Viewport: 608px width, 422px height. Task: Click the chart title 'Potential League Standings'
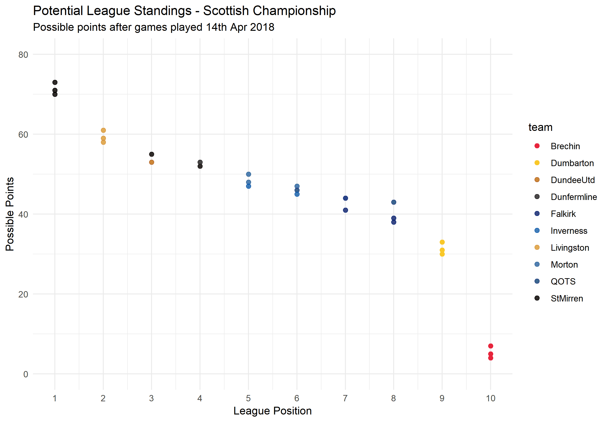tap(184, 11)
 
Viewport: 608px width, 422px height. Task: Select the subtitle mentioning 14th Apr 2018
tap(154, 27)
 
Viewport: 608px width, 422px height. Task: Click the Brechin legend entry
tap(565, 146)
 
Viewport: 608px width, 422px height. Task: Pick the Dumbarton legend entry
tap(572, 163)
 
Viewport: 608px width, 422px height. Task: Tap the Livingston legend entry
tap(570, 248)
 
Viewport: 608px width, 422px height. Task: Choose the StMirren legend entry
tap(567, 298)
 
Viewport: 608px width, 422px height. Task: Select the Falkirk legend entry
tap(563, 214)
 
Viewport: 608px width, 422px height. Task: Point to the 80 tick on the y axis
tap(23, 55)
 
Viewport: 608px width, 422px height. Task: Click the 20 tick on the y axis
tap(23, 294)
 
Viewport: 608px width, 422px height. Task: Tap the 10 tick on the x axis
tap(490, 398)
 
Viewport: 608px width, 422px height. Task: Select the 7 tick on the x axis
tap(345, 398)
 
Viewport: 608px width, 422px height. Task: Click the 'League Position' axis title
tap(272, 411)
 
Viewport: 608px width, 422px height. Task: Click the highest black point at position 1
tap(55, 82)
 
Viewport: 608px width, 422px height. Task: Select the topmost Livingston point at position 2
tap(103, 130)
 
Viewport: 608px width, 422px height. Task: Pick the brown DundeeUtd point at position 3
tap(152, 162)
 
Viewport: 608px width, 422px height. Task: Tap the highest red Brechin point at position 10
tap(490, 346)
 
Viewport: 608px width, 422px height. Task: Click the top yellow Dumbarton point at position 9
tap(442, 242)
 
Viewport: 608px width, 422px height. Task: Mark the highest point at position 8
tap(393, 202)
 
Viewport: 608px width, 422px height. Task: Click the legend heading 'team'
tap(540, 127)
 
